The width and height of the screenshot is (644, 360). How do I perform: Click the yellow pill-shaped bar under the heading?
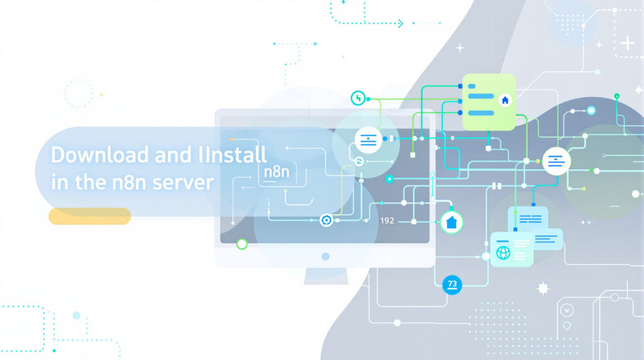pos(89,217)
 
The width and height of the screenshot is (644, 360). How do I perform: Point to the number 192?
pos(387,221)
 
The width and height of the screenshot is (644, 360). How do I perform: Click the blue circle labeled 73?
pos(452,284)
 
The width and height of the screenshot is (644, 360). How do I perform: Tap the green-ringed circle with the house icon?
pos(451,222)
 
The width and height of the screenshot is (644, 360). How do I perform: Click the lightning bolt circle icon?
pos(358,98)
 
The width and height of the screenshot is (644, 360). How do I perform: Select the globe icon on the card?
pos(503,253)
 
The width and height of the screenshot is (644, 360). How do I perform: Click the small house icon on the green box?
pos(504,100)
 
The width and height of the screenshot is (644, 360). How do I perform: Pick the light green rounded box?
pos(489,102)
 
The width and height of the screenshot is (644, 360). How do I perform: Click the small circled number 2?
pos(360,162)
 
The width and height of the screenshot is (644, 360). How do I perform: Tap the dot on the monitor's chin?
pos(325,257)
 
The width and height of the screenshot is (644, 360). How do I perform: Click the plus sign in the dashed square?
pos(627,43)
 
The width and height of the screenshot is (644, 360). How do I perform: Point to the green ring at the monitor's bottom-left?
pos(241,244)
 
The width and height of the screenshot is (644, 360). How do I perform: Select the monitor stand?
pos(325,275)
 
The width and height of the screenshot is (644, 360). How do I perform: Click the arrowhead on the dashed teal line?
pos(400,23)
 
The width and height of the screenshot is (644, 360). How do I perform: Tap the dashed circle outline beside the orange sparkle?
pos(78,94)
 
